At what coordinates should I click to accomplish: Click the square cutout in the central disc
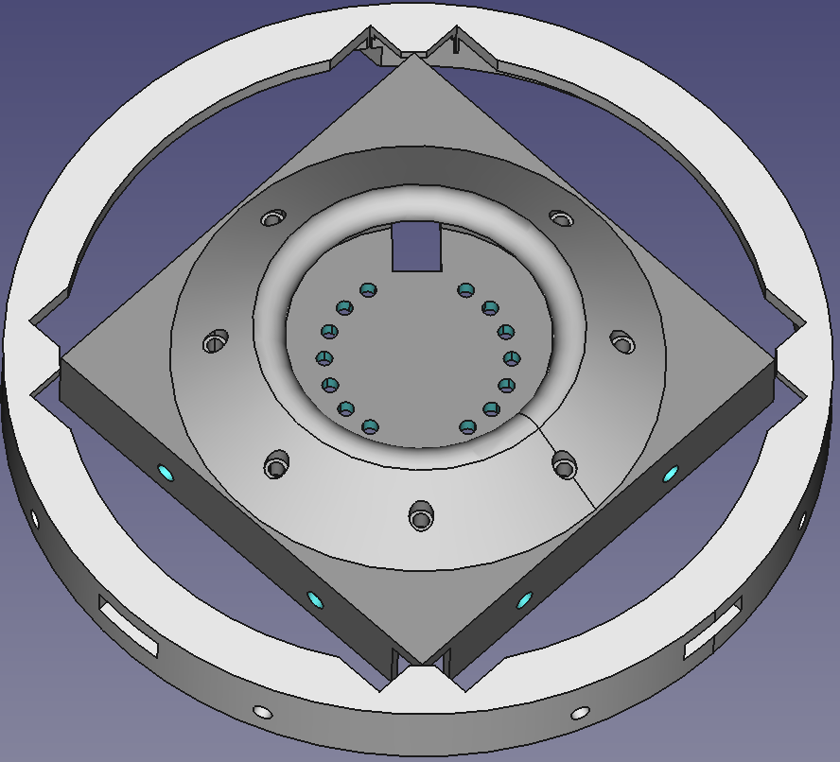(x=417, y=248)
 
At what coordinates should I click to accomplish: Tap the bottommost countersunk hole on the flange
(x=420, y=517)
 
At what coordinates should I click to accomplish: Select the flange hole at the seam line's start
(x=565, y=465)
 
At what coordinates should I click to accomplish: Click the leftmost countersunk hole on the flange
(x=216, y=340)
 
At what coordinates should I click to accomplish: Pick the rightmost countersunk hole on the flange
(x=621, y=339)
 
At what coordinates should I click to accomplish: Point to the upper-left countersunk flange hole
(x=273, y=218)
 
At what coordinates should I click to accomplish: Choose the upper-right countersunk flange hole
(x=562, y=219)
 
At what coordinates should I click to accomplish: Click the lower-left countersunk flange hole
(x=277, y=465)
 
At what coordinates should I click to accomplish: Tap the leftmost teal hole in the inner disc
(x=324, y=357)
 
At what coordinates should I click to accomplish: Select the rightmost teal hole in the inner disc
(x=512, y=357)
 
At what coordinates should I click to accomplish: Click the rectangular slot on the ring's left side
(x=130, y=626)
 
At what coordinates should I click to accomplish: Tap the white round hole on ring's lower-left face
(x=262, y=711)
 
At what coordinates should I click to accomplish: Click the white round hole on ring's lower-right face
(x=581, y=711)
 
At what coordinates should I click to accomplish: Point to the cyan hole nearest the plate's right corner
(x=672, y=472)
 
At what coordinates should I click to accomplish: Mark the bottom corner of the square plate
(x=419, y=662)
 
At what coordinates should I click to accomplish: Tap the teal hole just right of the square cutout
(x=464, y=290)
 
